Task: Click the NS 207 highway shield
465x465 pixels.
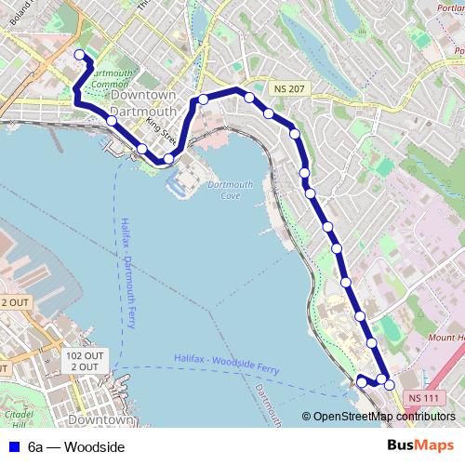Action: coord(288,87)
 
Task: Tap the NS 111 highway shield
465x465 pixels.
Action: coord(423,399)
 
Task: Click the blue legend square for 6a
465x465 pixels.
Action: coord(11,447)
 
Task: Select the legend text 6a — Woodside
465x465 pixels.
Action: coord(75,447)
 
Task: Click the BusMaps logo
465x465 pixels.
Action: coord(419,446)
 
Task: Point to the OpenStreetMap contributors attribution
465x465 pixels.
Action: coord(380,417)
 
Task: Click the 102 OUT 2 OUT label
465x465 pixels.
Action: coord(84,361)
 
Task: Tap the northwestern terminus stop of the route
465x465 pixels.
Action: coord(79,54)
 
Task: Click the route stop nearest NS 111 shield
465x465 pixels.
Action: coord(390,384)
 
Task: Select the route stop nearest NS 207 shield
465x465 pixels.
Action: coord(269,113)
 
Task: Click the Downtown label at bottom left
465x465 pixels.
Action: coord(100,419)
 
